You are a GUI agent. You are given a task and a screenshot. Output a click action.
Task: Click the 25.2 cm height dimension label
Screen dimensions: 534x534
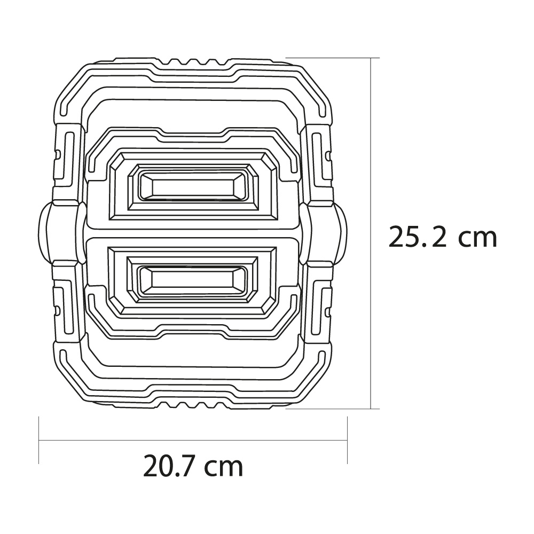coord(442,237)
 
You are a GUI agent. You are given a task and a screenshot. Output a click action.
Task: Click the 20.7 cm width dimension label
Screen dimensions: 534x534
coord(193,466)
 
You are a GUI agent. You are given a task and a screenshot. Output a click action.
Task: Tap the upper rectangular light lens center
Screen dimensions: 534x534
coord(193,186)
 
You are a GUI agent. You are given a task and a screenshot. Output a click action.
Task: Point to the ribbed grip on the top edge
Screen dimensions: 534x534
coord(193,61)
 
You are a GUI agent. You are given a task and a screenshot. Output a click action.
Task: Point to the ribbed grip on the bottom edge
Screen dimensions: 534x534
coord(193,405)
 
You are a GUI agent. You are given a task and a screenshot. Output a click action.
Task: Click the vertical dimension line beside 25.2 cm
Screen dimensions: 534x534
coord(371,233)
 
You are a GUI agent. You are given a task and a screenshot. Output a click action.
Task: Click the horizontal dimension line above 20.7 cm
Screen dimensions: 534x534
coord(193,441)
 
